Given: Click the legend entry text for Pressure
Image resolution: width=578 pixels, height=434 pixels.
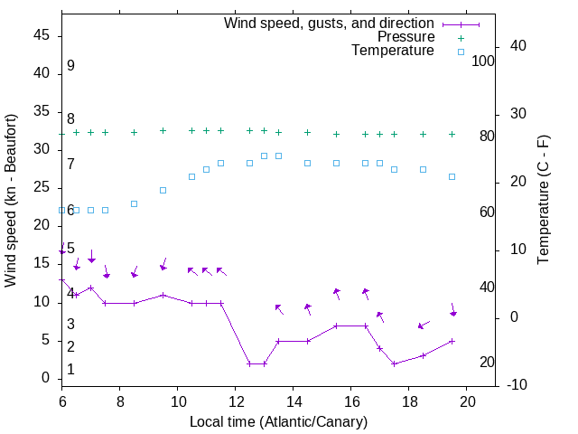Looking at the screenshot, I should [406, 37].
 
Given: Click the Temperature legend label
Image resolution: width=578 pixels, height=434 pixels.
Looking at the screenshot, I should [393, 51].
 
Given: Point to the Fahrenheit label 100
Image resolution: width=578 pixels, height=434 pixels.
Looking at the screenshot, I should [483, 61].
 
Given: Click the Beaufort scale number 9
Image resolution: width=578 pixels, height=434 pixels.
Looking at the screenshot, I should [70, 66].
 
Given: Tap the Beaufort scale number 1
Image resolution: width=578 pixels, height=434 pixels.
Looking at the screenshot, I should [70, 370].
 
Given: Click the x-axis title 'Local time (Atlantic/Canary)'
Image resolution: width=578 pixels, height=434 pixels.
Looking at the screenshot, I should [278, 422].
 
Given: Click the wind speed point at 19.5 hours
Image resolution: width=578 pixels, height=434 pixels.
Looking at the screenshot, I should [452, 341].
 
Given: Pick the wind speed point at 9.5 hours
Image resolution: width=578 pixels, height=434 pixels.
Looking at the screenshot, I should [163, 295].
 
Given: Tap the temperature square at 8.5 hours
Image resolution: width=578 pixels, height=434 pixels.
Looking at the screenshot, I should [135, 203].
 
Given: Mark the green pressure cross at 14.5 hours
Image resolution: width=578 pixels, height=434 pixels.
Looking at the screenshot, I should [308, 133].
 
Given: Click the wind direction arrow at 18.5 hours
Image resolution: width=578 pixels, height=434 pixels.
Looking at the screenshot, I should [424, 324].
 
